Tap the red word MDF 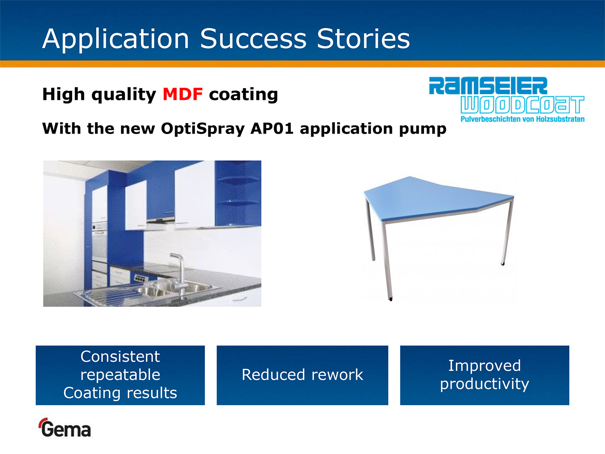click(x=183, y=94)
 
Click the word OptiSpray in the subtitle click(x=203, y=129)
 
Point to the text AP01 click(x=272, y=128)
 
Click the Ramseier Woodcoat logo click(x=506, y=99)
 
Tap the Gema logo click(x=65, y=428)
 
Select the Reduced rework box click(x=302, y=375)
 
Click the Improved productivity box click(x=484, y=375)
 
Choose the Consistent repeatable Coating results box click(x=120, y=375)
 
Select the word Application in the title click(x=116, y=39)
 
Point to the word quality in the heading click(x=124, y=95)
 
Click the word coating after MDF click(x=243, y=95)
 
